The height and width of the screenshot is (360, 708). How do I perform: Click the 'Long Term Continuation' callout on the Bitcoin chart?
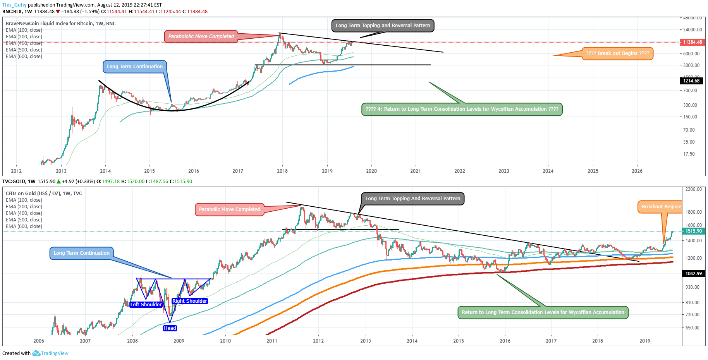(x=135, y=67)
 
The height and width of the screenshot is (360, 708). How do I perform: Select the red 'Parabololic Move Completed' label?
(x=201, y=36)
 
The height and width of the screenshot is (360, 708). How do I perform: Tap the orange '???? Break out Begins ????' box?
(x=617, y=53)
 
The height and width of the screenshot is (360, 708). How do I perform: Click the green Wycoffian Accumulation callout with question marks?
(x=462, y=109)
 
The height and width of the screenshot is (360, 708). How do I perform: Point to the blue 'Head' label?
(x=170, y=328)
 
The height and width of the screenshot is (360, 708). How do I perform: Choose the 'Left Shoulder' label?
(x=146, y=305)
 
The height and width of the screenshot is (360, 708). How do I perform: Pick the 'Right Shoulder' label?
(x=190, y=301)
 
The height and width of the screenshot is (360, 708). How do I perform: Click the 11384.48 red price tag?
(x=692, y=42)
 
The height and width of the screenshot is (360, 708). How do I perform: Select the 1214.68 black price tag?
(x=691, y=81)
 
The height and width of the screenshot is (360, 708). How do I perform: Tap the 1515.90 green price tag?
(x=693, y=231)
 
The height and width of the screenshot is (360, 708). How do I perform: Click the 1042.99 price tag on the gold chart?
(x=693, y=274)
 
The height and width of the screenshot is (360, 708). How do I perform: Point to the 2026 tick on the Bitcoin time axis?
(x=637, y=171)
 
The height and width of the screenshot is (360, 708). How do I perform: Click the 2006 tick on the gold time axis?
(x=39, y=341)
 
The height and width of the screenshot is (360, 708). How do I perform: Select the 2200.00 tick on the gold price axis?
(x=693, y=189)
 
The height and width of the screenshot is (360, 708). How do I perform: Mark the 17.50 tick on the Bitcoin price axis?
(x=689, y=154)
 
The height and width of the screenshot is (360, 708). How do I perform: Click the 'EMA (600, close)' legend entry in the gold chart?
(x=24, y=226)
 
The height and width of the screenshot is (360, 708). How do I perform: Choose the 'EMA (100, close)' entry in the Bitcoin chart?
(x=24, y=30)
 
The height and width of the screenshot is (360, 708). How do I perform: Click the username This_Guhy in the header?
(x=14, y=5)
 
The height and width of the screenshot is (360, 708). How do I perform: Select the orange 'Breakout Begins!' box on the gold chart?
(x=660, y=207)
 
